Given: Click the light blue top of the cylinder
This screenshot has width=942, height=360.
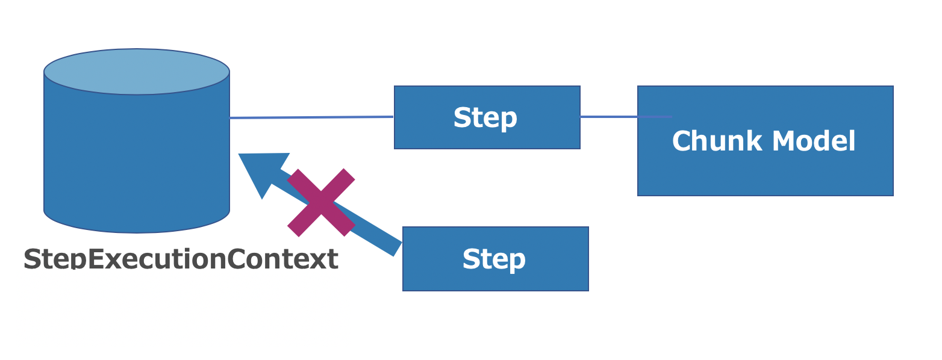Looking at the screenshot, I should (x=137, y=71).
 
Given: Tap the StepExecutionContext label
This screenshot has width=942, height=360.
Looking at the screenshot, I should (x=181, y=259).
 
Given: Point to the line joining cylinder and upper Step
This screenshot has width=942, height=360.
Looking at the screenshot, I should (x=311, y=117).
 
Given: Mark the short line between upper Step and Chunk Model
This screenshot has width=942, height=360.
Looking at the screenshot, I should (x=608, y=117).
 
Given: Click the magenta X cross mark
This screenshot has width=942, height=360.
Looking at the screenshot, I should (x=321, y=203).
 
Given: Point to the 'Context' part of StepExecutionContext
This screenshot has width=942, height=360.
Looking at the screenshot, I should (x=282, y=259).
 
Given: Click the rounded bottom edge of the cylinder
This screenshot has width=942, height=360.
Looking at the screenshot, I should (x=137, y=229).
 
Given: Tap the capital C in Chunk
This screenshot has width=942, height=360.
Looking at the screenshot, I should (x=681, y=142).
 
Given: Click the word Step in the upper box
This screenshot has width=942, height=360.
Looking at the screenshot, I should (x=485, y=118).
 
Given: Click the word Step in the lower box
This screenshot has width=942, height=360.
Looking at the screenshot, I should (x=494, y=259).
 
